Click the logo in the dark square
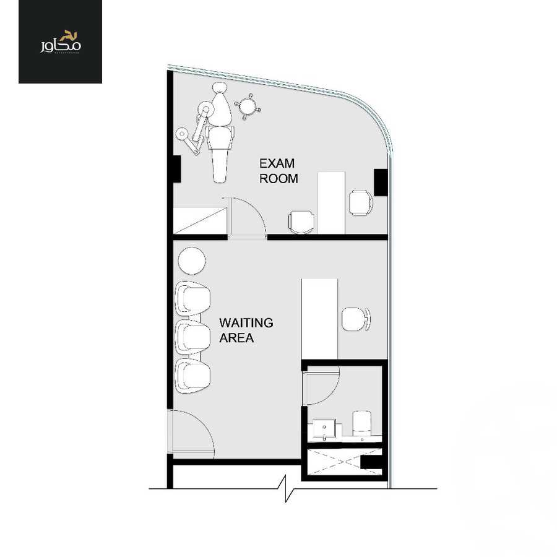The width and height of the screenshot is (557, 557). pyautogui.click(x=60, y=41)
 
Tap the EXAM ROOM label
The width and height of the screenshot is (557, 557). pyautogui.click(x=278, y=171)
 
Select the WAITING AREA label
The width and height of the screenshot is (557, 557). pyautogui.click(x=246, y=330)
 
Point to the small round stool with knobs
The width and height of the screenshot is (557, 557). pyautogui.click(x=248, y=106)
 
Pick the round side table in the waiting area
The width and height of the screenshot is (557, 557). pyautogui.click(x=192, y=261)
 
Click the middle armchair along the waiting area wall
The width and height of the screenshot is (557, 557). pyautogui.click(x=192, y=337)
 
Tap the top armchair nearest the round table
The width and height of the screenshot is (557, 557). pyautogui.click(x=192, y=298)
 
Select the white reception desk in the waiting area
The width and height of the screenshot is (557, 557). pyautogui.click(x=319, y=318)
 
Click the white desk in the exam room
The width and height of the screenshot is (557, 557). pyautogui.click(x=331, y=202)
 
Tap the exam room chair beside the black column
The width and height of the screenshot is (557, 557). pyautogui.click(x=360, y=202)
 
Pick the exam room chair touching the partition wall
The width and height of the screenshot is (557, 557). pyautogui.click(x=301, y=222)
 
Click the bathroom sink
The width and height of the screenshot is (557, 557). pyautogui.click(x=325, y=429)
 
